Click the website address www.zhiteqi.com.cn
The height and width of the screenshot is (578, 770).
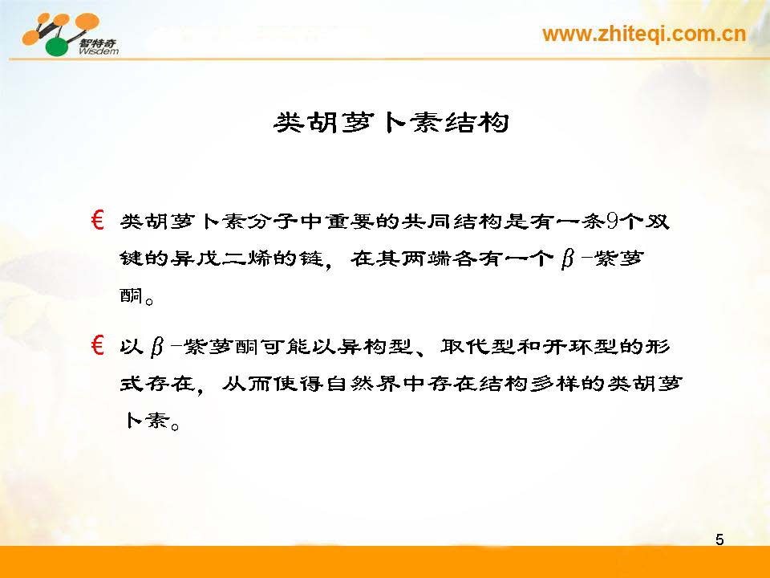coord(644,34)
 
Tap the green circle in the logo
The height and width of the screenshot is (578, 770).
coord(58,47)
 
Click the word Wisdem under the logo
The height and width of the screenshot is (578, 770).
coord(98,51)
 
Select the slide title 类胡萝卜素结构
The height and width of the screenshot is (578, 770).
coord(391,122)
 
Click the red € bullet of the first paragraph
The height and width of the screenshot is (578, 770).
coord(97,220)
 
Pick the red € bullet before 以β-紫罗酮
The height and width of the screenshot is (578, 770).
coord(97,345)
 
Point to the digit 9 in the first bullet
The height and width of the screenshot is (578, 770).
coord(612,222)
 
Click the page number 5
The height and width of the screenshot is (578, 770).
coord(719,539)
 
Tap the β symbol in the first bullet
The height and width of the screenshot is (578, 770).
coord(568,259)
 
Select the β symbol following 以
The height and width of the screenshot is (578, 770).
coord(157,347)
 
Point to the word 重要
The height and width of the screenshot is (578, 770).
coord(350,222)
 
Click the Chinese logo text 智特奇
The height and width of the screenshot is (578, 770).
coord(98,43)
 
